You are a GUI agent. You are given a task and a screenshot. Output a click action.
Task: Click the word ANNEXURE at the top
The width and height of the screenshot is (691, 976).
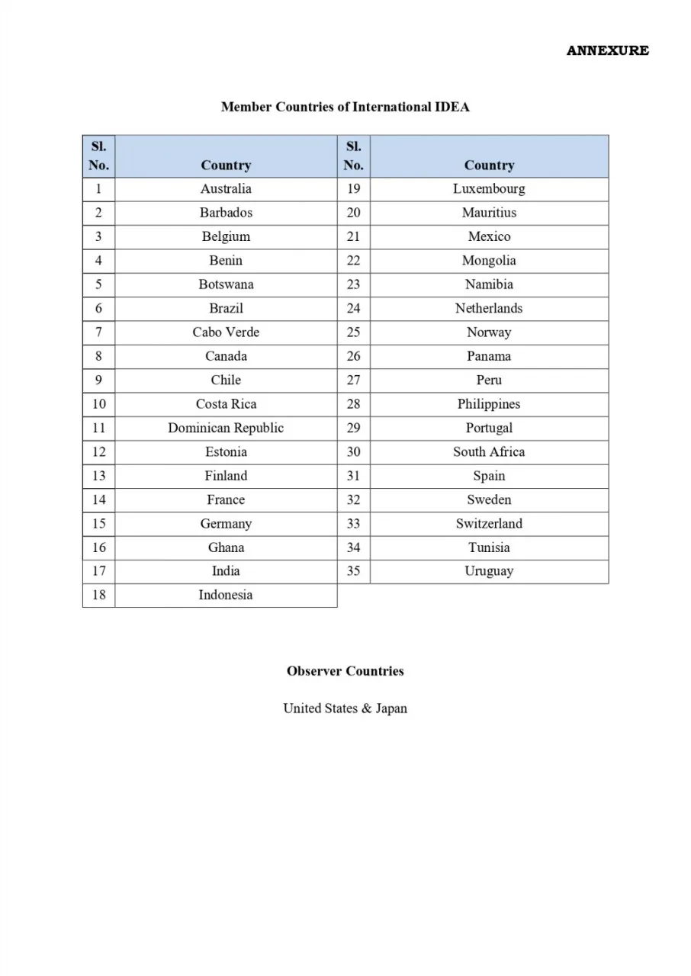point(607,50)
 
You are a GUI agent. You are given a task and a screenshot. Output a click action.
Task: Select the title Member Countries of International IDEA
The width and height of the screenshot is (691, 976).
point(345,107)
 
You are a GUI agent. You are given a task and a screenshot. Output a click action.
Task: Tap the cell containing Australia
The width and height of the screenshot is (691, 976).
point(226,189)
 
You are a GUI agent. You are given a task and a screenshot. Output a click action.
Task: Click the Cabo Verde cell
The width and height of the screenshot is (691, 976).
point(226,332)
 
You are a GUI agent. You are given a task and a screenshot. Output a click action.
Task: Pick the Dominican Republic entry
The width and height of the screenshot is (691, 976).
point(226,428)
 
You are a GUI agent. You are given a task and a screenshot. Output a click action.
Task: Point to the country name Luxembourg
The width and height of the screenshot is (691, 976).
point(489,189)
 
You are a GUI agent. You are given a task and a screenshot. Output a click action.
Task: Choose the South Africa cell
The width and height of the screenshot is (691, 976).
point(489,451)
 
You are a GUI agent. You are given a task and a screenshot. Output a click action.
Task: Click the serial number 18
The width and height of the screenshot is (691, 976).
point(99,595)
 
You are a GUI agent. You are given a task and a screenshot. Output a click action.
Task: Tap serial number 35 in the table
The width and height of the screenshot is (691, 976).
point(353,571)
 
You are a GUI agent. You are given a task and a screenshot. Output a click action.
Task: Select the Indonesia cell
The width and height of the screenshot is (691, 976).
point(226,595)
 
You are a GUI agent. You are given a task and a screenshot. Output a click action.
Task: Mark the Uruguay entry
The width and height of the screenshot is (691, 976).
point(489,571)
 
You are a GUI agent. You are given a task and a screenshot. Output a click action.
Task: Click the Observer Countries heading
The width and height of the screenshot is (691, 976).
point(345,671)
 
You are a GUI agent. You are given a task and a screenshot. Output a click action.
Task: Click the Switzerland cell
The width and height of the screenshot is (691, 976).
point(489,523)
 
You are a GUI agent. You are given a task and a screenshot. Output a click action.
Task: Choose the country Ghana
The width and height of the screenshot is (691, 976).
point(226,547)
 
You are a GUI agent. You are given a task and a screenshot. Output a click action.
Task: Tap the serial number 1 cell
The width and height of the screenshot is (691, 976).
point(99,189)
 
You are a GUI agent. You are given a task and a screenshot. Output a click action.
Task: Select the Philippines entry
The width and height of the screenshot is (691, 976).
point(489,404)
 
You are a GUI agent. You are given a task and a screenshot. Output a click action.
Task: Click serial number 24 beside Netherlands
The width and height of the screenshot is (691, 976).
point(353,309)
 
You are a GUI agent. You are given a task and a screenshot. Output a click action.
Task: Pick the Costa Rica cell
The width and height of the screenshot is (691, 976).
point(226,404)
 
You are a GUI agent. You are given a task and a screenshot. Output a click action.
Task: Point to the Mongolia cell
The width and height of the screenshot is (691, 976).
point(489,261)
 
